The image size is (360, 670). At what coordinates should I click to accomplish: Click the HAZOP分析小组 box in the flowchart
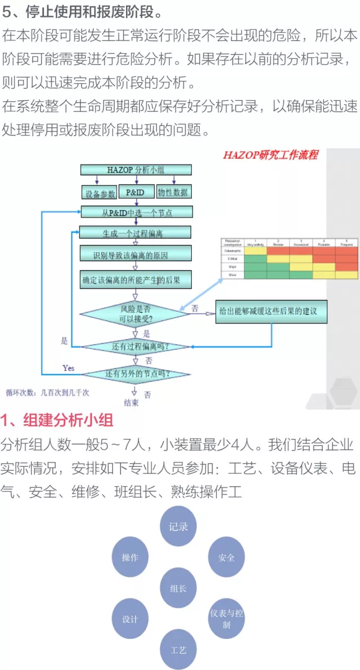tap(136, 170)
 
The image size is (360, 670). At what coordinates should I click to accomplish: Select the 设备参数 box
tap(99, 192)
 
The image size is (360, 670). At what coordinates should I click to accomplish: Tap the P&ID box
tap(135, 192)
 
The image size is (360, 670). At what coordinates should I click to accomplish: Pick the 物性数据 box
tap(173, 192)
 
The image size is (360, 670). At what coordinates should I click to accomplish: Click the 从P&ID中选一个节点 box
tap(137, 213)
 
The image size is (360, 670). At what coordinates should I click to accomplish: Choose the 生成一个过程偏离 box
tap(135, 232)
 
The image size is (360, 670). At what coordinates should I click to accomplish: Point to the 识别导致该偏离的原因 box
tap(135, 255)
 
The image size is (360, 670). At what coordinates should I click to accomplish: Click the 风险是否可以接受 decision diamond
tap(136, 313)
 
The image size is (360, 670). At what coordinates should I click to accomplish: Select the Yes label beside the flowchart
tap(68, 368)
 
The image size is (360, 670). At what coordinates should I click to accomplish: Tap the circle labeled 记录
tap(178, 527)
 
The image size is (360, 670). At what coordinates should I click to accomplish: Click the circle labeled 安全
tap(227, 557)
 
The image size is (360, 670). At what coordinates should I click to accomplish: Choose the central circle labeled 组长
tap(178, 588)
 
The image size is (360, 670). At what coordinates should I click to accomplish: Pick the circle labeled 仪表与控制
tap(227, 618)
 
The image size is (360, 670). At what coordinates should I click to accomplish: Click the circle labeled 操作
tap(130, 557)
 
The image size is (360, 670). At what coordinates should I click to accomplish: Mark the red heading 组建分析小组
tap(57, 420)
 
